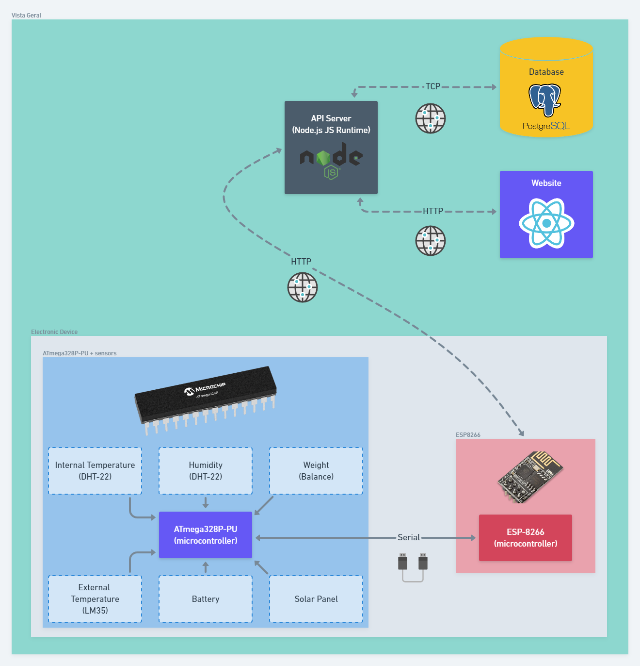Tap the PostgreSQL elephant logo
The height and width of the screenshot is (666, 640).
(x=545, y=100)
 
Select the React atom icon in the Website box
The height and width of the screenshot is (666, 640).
(x=546, y=223)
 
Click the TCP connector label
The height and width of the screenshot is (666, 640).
(x=433, y=86)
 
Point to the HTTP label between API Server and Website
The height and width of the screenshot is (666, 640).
(x=433, y=211)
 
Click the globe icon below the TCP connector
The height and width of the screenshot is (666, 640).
(x=431, y=118)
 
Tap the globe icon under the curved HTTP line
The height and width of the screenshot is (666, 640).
(x=303, y=287)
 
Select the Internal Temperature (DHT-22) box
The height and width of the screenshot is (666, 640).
(x=95, y=471)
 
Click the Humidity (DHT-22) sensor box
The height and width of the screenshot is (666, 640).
(x=206, y=471)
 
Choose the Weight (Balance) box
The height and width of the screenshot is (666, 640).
(x=316, y=471)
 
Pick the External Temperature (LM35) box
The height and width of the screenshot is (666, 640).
(x=95, y=599)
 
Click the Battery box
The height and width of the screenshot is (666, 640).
(x=206, y=599)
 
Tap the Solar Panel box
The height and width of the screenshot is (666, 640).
(x=316, y=599)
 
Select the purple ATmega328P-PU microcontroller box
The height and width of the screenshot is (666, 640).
(x=206, y=535)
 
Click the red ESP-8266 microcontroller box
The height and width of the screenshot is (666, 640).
(x=526, y=538)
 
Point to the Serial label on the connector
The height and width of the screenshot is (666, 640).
(x=409, y=537)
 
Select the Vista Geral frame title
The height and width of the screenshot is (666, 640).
(x=27, y=16)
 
